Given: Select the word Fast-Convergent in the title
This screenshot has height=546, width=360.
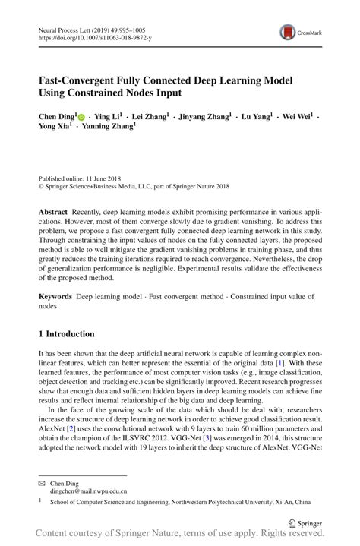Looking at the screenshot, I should point(78,80).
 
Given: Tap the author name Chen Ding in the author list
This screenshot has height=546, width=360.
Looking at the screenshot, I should point(57,118).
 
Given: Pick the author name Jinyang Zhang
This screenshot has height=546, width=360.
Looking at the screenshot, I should point(204,118).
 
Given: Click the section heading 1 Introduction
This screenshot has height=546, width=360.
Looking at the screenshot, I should point(66,334).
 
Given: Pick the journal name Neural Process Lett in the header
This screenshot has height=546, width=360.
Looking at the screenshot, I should point(70,27).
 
